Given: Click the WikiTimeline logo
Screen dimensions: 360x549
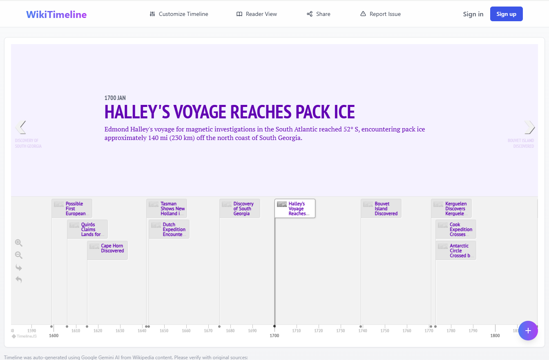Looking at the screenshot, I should coord(56,15).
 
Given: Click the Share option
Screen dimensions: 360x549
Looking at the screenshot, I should coord(319,14).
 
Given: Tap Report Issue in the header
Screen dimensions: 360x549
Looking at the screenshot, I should coord(380,14).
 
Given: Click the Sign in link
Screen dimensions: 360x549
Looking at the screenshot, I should coord(473,14).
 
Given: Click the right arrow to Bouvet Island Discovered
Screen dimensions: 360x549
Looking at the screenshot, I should coord(529,127).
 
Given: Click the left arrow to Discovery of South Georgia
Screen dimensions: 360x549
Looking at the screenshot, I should coord(20,127).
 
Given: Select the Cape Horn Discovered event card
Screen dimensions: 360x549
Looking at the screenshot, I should coord(107,250).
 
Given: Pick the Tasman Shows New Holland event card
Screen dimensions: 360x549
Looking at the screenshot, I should coord(167,208).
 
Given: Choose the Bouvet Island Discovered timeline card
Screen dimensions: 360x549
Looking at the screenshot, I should coord(381,208).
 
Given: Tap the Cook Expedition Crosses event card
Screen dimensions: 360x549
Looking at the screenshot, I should coord(456,229).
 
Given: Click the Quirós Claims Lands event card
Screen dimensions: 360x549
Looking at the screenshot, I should coord(87,229).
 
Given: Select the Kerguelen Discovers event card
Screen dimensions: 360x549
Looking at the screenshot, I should coord(451,208).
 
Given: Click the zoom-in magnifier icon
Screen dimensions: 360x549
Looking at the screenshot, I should coord(18,243).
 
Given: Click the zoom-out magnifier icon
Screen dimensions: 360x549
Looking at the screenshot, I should coord(18,255).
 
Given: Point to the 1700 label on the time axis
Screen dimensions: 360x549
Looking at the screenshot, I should coord(274,336).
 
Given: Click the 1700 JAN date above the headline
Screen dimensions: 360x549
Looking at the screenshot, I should coord(115,98).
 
